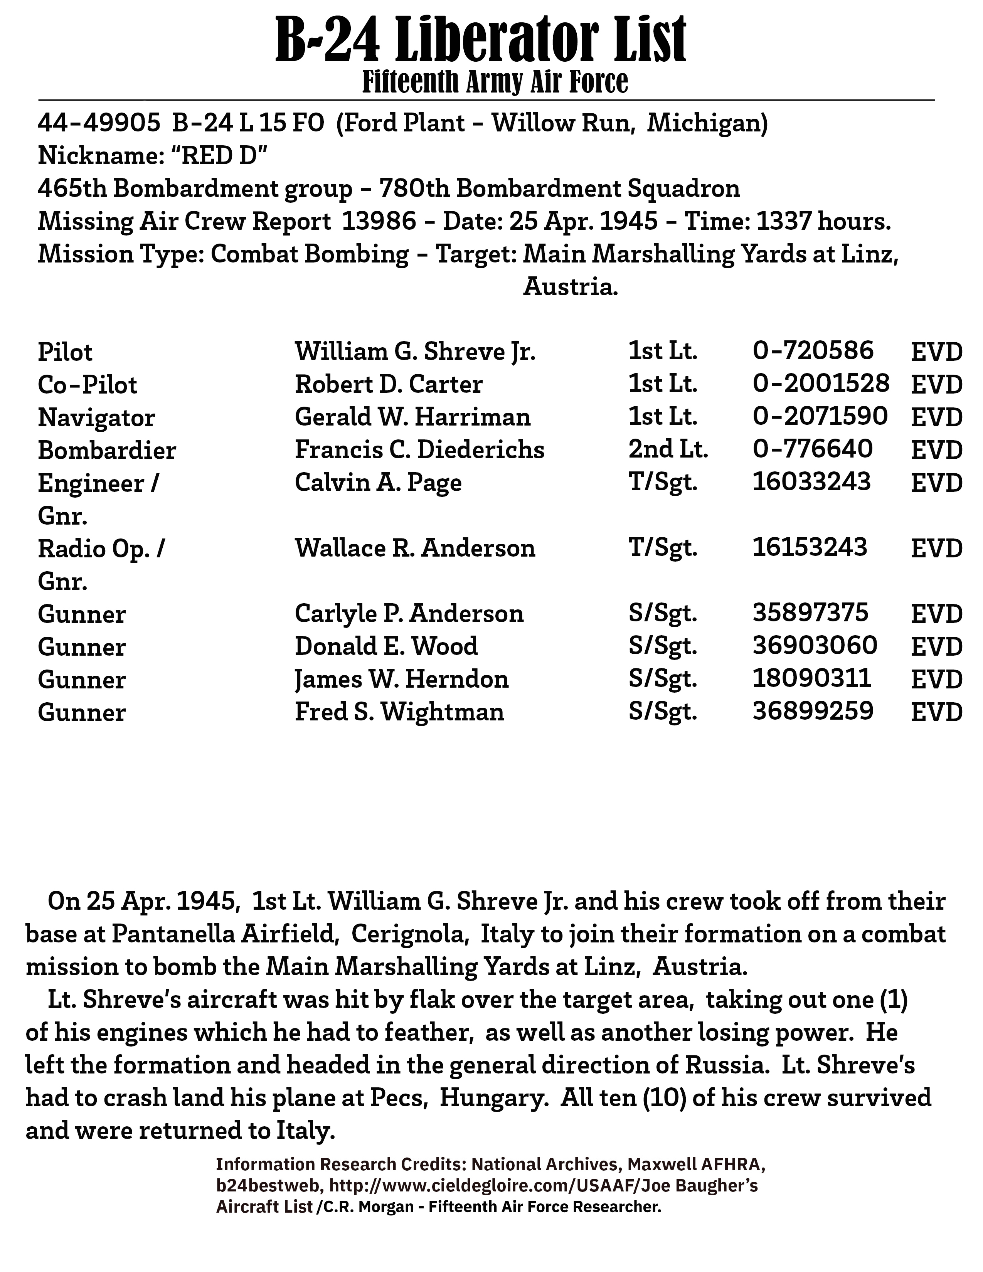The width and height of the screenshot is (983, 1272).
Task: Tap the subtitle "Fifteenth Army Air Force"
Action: tap(495, 82)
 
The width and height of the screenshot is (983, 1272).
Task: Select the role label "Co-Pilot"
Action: tap(88, 385)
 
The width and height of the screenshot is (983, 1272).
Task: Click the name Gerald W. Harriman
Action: tap(412, 417)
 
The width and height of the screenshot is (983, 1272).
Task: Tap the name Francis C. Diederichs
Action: tap(419, 449)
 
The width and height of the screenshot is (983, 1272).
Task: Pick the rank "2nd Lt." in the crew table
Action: tap(668, 449)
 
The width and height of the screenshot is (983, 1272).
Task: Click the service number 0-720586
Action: tap(813, 351)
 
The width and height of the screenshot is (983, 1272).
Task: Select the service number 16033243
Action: tap(812, 482)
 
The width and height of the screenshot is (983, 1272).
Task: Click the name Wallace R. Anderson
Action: tap(415, 548)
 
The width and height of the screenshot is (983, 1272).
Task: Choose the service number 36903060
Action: tap(815, 645)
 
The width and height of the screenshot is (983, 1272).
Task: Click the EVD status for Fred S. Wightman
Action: tap(936, 712)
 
